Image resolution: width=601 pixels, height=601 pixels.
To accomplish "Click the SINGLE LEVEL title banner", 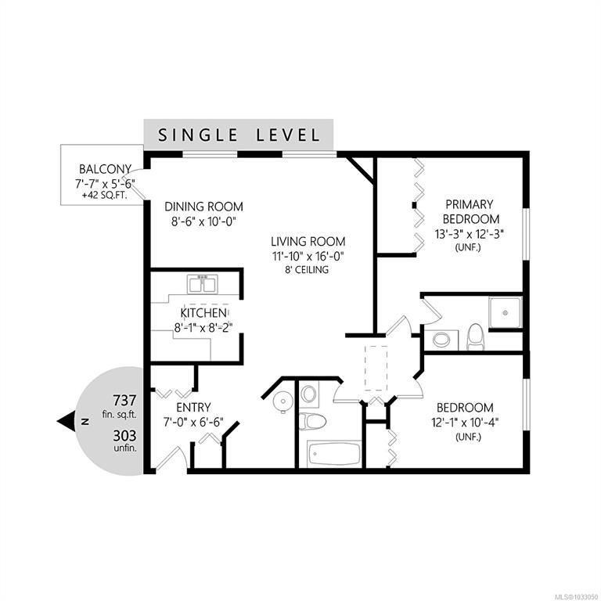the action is (x=239, y=135).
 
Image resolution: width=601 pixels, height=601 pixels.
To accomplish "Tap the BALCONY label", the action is (x=105, y=169).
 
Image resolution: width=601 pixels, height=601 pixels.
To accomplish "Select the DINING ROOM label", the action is (x=203, y=207).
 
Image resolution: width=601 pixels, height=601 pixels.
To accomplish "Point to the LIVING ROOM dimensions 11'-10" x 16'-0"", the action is (x=308, y=256).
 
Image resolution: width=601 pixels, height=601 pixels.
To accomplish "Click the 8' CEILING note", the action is (x=306, y=270).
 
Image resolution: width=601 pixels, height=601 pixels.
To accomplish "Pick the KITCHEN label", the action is (x=203, y=313).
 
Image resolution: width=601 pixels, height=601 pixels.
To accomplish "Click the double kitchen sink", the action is (x=203, y=284).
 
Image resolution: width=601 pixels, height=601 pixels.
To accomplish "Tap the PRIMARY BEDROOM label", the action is (x=471, y=211).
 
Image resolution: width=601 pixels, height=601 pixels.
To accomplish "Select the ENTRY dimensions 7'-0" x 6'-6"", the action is (x=193, y=423).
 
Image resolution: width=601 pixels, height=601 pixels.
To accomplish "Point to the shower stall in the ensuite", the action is (x=506, y=312).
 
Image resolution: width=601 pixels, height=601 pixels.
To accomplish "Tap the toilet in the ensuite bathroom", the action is (x=476, y=337).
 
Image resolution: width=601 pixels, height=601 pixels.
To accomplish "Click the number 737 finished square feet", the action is (x=124, y=400).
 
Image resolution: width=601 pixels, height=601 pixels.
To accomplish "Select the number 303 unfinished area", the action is (x=124, y=436).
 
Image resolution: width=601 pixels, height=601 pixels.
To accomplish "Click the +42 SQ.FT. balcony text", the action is (x=105, y=196).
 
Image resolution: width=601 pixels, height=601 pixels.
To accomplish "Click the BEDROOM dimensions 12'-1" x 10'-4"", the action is (x=465, y=423).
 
